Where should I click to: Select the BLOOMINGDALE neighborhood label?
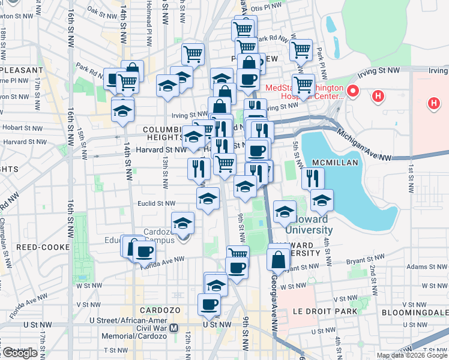[414, 313]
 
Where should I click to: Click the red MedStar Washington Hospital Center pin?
[353, 92]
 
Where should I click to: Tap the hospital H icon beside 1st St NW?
[434, 104]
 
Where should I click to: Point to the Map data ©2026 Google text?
[412, 355]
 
